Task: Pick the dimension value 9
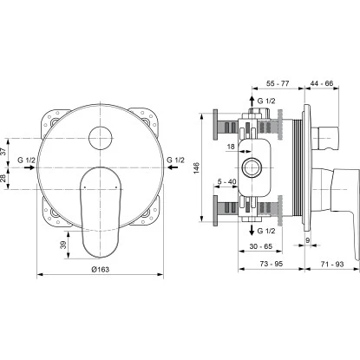coord(307,239)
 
